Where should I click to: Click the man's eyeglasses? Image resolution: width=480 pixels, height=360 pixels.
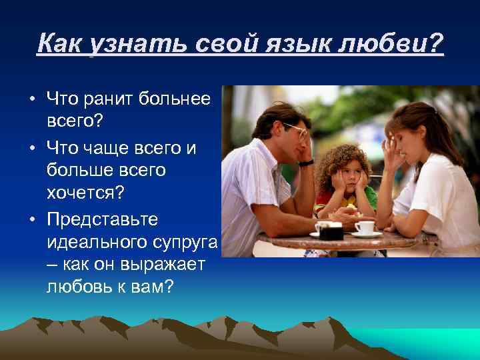[296, 130]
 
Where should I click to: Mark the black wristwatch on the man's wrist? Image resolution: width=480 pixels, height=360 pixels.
[306, 162]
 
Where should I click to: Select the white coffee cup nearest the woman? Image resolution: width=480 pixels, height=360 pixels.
[364, 228]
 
